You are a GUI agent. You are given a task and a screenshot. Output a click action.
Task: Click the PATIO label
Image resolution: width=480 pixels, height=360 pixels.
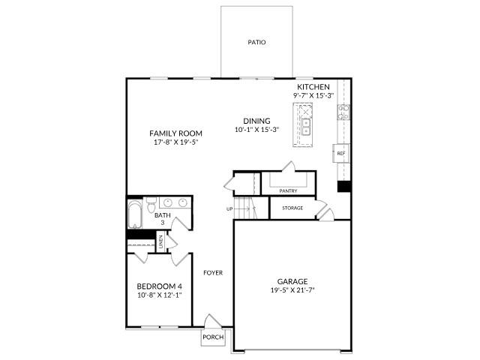256,43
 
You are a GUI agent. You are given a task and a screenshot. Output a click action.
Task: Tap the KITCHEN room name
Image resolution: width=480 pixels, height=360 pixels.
313,87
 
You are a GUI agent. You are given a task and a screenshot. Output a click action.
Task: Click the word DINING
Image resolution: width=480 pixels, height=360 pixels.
256,121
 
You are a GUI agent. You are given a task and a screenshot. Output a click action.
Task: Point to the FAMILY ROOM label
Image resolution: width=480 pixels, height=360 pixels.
176,133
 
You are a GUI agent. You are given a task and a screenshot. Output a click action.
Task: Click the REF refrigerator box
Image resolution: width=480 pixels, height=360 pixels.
340,154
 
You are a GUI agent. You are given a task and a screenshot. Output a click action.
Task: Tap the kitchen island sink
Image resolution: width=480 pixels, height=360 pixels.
306,125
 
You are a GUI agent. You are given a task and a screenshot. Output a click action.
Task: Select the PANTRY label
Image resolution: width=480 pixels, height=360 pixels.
288,190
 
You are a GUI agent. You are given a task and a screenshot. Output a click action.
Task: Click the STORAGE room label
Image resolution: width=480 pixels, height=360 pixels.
292,208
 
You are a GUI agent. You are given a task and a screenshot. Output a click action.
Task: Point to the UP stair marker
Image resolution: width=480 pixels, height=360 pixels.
229,208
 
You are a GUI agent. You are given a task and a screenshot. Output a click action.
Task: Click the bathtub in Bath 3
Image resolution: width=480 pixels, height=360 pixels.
135,216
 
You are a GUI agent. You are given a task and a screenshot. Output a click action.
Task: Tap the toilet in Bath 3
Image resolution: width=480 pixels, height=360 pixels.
151,205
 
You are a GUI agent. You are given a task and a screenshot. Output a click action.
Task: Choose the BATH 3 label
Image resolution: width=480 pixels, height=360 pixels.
162,219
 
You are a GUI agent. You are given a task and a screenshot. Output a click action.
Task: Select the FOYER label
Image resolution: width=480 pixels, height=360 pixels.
213,272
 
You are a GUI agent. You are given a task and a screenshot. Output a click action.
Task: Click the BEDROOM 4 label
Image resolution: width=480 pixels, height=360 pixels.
159,286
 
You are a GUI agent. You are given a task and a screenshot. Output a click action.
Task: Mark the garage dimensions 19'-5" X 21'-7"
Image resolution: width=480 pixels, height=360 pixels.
292,290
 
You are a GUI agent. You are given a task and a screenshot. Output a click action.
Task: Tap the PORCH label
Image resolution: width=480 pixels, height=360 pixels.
213,337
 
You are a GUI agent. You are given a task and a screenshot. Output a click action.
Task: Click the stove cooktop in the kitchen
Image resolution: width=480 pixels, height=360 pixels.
343,112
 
